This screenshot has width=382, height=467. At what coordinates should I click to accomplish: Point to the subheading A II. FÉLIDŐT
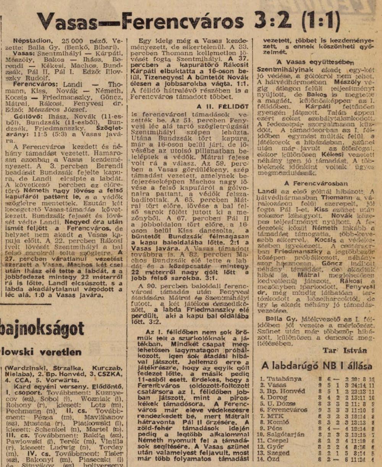[x=223, y=107]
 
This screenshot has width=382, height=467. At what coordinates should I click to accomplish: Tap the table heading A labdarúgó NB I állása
[x=317, y=365]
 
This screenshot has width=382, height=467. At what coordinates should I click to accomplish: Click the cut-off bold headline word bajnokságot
[x=42, y=329]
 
